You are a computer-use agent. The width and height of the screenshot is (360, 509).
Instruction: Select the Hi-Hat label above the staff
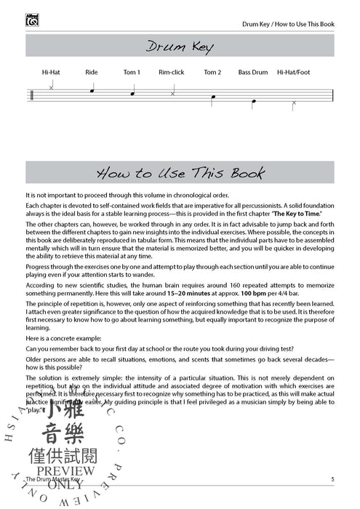[x=51, y=72]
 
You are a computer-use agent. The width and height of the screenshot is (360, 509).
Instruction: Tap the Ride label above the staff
[x=91, y=72]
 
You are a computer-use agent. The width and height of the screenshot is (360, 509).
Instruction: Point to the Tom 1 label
[x=132, y=72]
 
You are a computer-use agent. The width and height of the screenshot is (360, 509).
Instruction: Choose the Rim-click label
[x=172, y=72]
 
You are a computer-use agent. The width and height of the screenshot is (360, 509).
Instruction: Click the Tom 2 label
[x=212, y=72]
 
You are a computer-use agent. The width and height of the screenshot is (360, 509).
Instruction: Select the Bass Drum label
[x=253, y=72]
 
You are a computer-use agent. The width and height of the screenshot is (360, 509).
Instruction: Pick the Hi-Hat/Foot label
[x=294, y=72]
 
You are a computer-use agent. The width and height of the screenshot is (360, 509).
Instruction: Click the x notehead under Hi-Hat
[x=51, y=87]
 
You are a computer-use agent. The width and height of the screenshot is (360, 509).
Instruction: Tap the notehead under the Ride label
[x=91, y=91]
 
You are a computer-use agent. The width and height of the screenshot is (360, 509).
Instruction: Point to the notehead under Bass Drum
[x=253, y=103]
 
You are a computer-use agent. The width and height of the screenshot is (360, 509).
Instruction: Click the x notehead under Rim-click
[x=172, y=94]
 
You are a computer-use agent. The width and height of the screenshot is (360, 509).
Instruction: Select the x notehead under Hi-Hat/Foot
[x=294, y=103]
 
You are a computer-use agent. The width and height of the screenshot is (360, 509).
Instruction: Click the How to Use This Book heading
[x=180, y=173]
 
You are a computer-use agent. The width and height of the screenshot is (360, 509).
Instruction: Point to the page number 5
[x=332, y=479]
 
